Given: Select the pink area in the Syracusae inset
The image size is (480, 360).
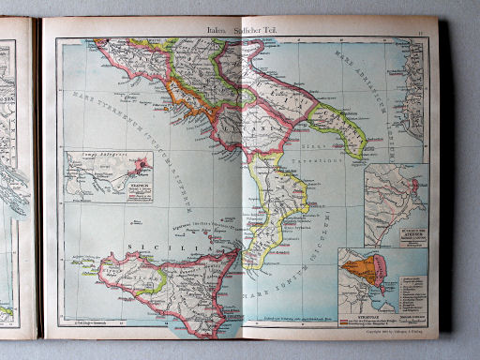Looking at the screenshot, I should [387, 272].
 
